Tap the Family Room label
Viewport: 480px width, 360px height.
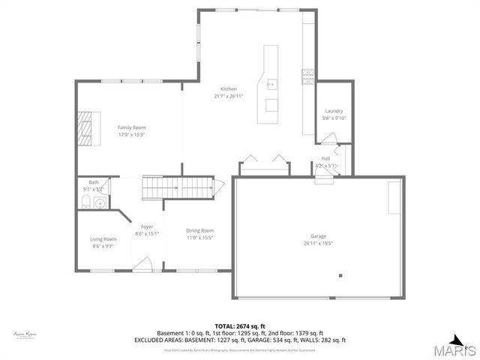point(130,127)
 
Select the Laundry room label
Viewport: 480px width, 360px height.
point(334,111)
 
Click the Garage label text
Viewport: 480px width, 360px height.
point(319,236)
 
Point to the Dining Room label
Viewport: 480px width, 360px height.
point(200,230)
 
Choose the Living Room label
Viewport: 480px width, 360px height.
point(103,238)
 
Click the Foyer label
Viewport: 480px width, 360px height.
point(146,226)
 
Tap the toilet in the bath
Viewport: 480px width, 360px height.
point(85,202)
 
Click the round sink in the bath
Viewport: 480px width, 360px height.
point(100,201)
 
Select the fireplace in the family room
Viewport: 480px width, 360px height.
point(89,128)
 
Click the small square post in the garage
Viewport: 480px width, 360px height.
point(340,275)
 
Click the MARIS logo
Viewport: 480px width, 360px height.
point(454,346)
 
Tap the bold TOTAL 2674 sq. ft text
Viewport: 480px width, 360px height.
point(239,326)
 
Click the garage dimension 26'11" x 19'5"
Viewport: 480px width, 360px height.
point(319,244)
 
